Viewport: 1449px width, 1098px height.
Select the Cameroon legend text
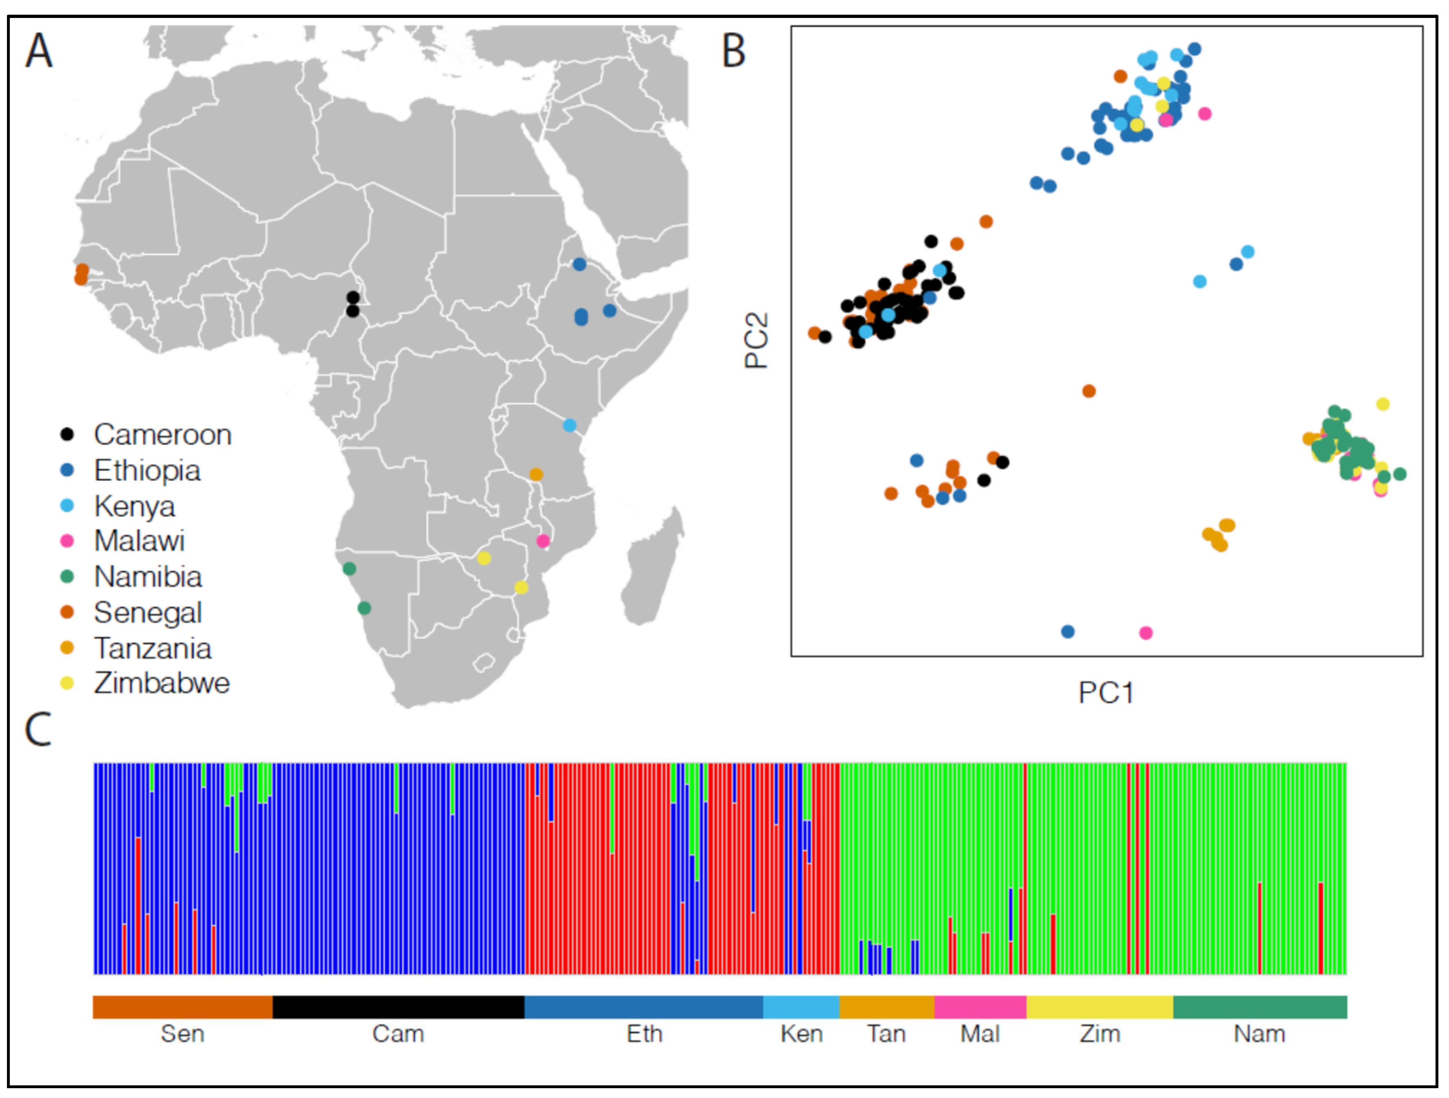click(x=163, y=435)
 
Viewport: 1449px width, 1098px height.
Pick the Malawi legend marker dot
click(x=67, y=541)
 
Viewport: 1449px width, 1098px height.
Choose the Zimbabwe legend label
click(x=162, y=683)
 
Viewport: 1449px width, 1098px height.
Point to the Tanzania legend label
click(x=153, y=648)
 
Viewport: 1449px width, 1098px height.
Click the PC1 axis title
click(x=1106, y=693)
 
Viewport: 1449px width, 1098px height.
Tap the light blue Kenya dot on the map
click(x=570, y=426)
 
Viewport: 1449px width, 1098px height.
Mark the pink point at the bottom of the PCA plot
click(x=1146, y=633)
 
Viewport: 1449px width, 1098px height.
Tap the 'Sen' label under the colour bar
click(x=183, y=1034)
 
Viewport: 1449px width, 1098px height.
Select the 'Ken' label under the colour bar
click(x=801, y=1034)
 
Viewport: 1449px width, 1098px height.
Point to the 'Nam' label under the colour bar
click(x=1259, y=1034)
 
